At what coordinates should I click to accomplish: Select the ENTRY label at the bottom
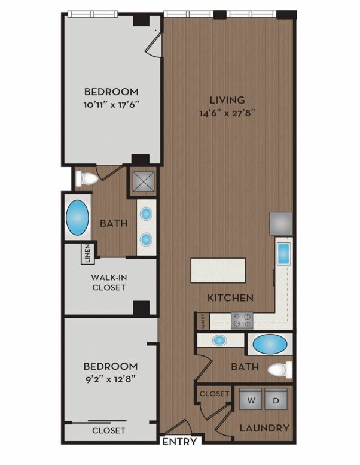click(180, 442)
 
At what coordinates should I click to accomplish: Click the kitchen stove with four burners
click(242, 320)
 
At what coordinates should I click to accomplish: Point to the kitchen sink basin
click(284, 254)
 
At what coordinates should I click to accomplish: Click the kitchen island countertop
click(218, 270)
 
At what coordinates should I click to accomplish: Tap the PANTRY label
click(203, 321)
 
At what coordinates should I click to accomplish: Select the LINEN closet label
click(87, 254)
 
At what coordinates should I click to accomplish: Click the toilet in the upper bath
click(87, 178)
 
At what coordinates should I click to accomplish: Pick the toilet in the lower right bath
click(280, 370)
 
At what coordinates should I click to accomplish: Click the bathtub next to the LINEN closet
click(77, 217)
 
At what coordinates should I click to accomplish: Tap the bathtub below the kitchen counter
click(270, 344)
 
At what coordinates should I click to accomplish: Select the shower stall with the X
click(144, 181)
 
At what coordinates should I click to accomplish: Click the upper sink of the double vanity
click(146, 214)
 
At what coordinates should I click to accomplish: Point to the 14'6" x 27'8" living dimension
click(228, 113)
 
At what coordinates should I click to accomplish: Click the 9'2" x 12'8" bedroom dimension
click(110, 379)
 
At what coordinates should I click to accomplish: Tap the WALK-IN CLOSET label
click(109, 282)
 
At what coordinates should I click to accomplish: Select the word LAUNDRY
click(264, 428)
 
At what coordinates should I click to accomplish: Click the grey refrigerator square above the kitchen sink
click(280, 224)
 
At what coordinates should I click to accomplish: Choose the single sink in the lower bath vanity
click(219, 340)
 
